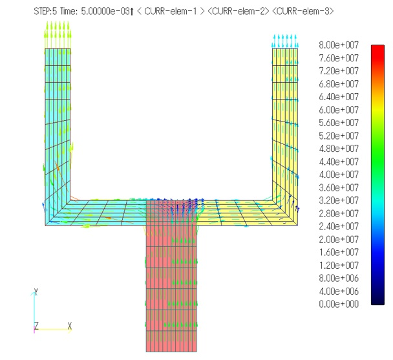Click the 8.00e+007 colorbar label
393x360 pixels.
[x=339, y=45]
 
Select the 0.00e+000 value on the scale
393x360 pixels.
[x=339, y=304]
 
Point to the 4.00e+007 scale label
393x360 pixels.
[x=339, y=175]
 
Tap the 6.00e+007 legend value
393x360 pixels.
[x=339, y=110]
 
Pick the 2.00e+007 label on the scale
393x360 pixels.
[x=339, y=239]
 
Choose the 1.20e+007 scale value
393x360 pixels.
[x=339, y=265]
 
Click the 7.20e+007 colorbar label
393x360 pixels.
[x=339, y=71]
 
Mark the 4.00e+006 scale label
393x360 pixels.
[x=339, y=291]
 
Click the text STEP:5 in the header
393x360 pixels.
[x=45, y=11]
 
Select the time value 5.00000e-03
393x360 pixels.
[x=105, y=11]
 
